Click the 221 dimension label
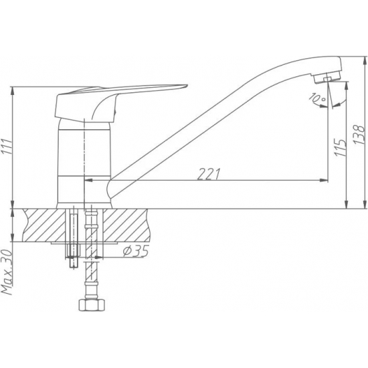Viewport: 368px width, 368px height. pos(209,174)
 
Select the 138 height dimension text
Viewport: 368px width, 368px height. pos(359,134)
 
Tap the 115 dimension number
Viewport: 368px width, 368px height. pos(340,147)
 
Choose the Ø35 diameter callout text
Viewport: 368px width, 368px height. pos(136,251)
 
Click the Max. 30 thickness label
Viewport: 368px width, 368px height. pos(6,272)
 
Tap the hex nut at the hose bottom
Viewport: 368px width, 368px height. pos(91,305)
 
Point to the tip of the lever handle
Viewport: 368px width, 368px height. pos(187,85)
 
